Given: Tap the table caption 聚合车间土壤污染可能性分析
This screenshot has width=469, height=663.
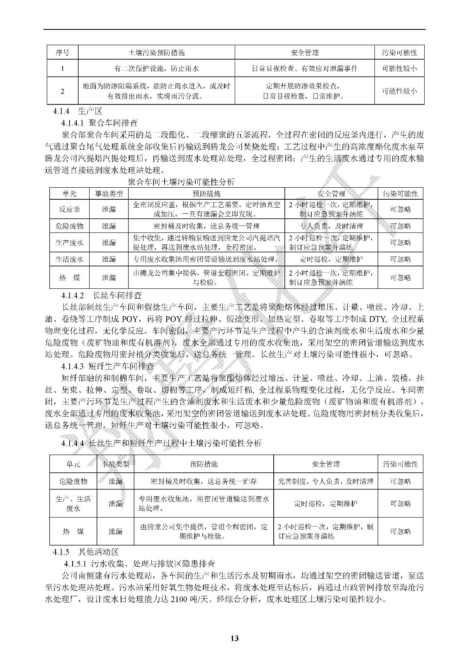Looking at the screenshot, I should click(181, 182).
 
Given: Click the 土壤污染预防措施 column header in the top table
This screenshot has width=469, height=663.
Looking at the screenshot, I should click(156, 53).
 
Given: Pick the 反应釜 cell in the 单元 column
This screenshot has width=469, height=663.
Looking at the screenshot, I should click(69, 209).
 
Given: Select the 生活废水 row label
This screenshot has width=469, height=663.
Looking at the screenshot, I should click(69, 259).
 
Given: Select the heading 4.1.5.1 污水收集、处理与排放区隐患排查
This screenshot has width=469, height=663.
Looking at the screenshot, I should click(139, 564).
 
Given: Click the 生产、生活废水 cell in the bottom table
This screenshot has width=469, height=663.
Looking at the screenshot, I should click(73, 503).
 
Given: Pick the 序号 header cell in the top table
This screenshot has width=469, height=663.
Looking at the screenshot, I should click(62, 53).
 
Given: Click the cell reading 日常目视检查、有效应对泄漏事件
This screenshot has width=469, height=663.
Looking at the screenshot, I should click(304, 68).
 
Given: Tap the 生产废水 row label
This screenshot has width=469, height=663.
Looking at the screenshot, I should click(69, 243).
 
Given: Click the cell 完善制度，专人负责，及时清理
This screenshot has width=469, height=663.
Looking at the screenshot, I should click(326, 481).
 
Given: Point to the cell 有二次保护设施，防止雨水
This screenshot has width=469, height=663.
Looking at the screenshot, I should click(156, 68).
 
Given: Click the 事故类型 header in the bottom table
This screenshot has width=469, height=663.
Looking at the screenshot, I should click(115, 464).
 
